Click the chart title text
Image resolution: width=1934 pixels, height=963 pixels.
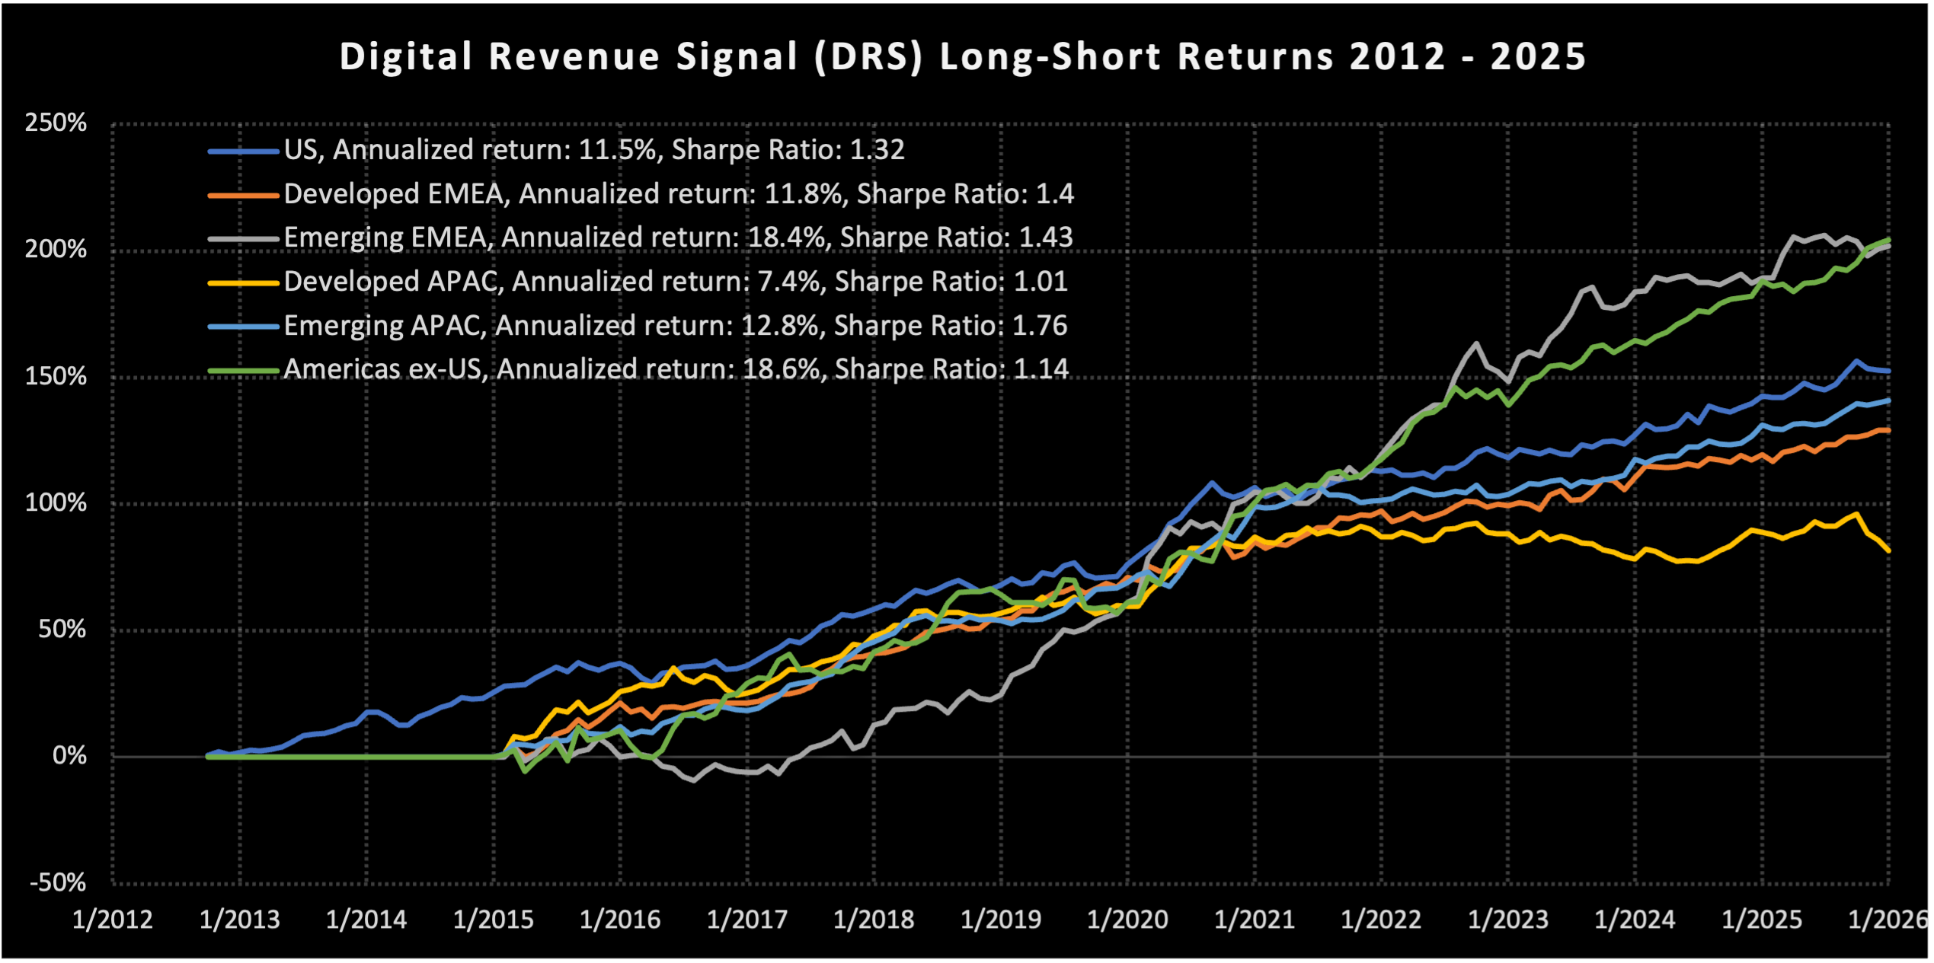[x=962, y=57]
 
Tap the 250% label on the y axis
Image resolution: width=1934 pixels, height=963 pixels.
[x=56, y=123]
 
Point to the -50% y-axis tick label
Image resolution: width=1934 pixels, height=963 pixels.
[x=58, y=882]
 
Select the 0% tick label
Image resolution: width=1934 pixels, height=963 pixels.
[x=69, y=756]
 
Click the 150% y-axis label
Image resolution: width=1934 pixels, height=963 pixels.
[x=56, y=376]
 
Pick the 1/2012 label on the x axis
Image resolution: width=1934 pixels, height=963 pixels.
[x=113, y=920]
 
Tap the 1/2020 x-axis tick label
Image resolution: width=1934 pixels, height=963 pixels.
[x=1127, y=920]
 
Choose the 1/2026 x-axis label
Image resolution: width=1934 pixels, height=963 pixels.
[x=1888, y=920]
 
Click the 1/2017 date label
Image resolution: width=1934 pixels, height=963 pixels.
[x=747, y=920]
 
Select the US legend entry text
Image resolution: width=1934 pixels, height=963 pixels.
[x=594, y=150]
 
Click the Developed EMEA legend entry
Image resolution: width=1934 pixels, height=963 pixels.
[x=678, y=194]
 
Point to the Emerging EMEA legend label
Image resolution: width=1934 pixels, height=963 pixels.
[x=678, y=238]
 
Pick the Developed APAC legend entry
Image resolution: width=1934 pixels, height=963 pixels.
[x=675, y=282]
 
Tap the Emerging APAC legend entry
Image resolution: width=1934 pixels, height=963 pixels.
[x=675, y=326]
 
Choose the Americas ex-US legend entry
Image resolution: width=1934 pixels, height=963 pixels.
[x=676, y=369]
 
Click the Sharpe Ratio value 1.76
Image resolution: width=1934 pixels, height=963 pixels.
[x=1040, y=326]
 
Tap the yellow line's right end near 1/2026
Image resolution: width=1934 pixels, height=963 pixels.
[x=1888, y=550]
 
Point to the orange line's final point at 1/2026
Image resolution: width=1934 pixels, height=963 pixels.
[x=1888, y=431]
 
